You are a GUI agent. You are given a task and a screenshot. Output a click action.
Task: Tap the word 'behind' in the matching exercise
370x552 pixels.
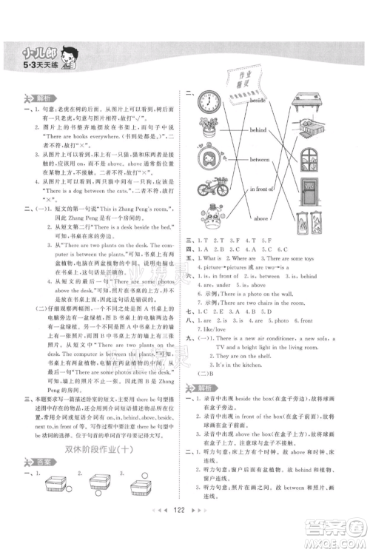[x=258, y=129]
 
